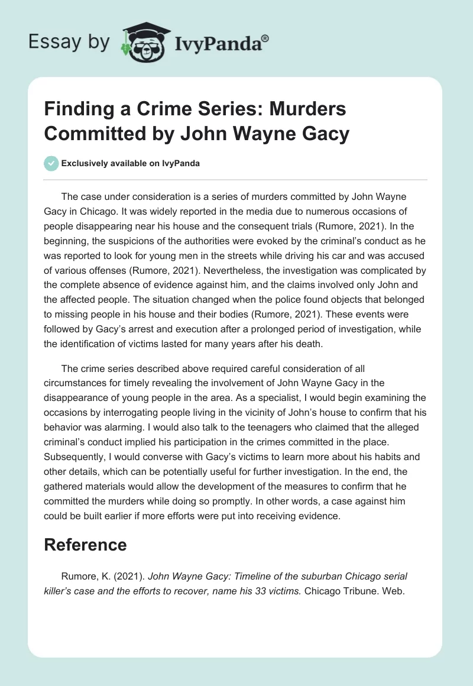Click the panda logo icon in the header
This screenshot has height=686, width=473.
point(142,41)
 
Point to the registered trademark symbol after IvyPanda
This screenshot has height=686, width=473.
point(265,38)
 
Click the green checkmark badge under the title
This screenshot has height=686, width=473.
point(52,163)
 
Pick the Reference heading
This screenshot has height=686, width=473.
point(86,545)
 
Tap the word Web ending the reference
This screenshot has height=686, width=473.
point(393,590)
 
